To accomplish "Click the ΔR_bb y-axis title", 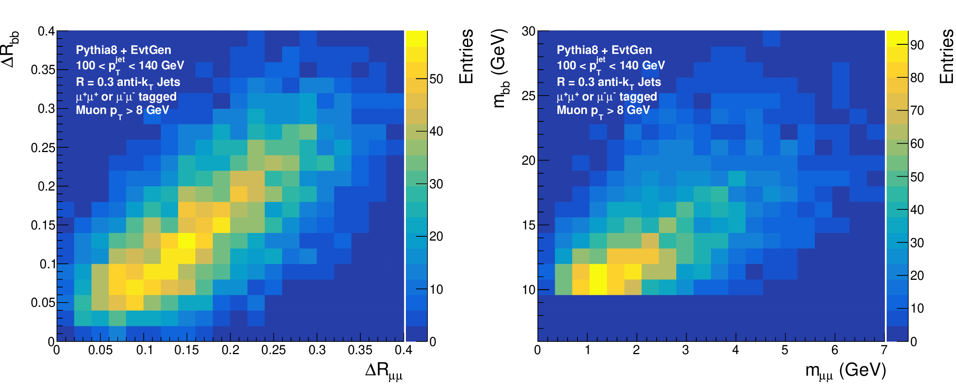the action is point(10,49).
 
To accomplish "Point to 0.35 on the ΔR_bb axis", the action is point(43,70).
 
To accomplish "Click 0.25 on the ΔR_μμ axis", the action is point(274,350).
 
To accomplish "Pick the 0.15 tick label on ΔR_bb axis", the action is point(43,225).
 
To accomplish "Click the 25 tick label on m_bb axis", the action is point(529,96).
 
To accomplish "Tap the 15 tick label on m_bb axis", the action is point(529,225).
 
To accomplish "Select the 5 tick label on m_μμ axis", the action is point(785,350).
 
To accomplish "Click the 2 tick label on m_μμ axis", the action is point(636,350).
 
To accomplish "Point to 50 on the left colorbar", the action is point(436,79).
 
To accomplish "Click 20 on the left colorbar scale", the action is point(436,236).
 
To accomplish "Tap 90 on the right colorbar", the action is point(917,45).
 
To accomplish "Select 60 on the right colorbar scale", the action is point(917,144).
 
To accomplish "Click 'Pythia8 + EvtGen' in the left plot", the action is point(123,50).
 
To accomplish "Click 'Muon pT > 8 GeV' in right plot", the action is point(603,111).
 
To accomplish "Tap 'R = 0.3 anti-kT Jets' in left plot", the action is point(128,83).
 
